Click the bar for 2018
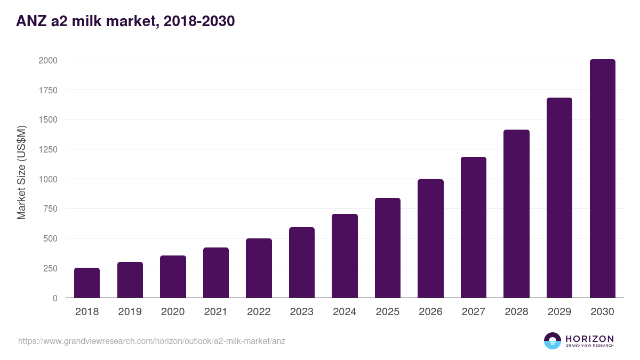click(x=87, y=283)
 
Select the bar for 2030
click(x=602, y=179)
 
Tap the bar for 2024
click(x=345, y=256)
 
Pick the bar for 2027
click(x=474, y=227)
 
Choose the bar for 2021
click(x=216, y=273)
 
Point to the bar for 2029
click(x=559, y=198)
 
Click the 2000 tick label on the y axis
click(x=47, y=60)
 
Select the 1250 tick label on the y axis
click(x=47, y=149)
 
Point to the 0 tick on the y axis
click(x=55, y=298)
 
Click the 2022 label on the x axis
click(x=259, y=312)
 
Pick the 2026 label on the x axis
click(x=430, y=312)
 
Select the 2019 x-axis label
click(x=130, y=312)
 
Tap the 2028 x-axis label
click(x=516, y=312)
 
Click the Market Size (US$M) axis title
click(x=21, y=173)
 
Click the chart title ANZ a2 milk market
click(x=125, y=21)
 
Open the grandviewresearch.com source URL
click(x=151, y=341)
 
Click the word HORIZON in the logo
click(x=589, y=338)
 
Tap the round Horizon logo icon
click(x=552, y=341)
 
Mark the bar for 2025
click(x=388, y=248)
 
